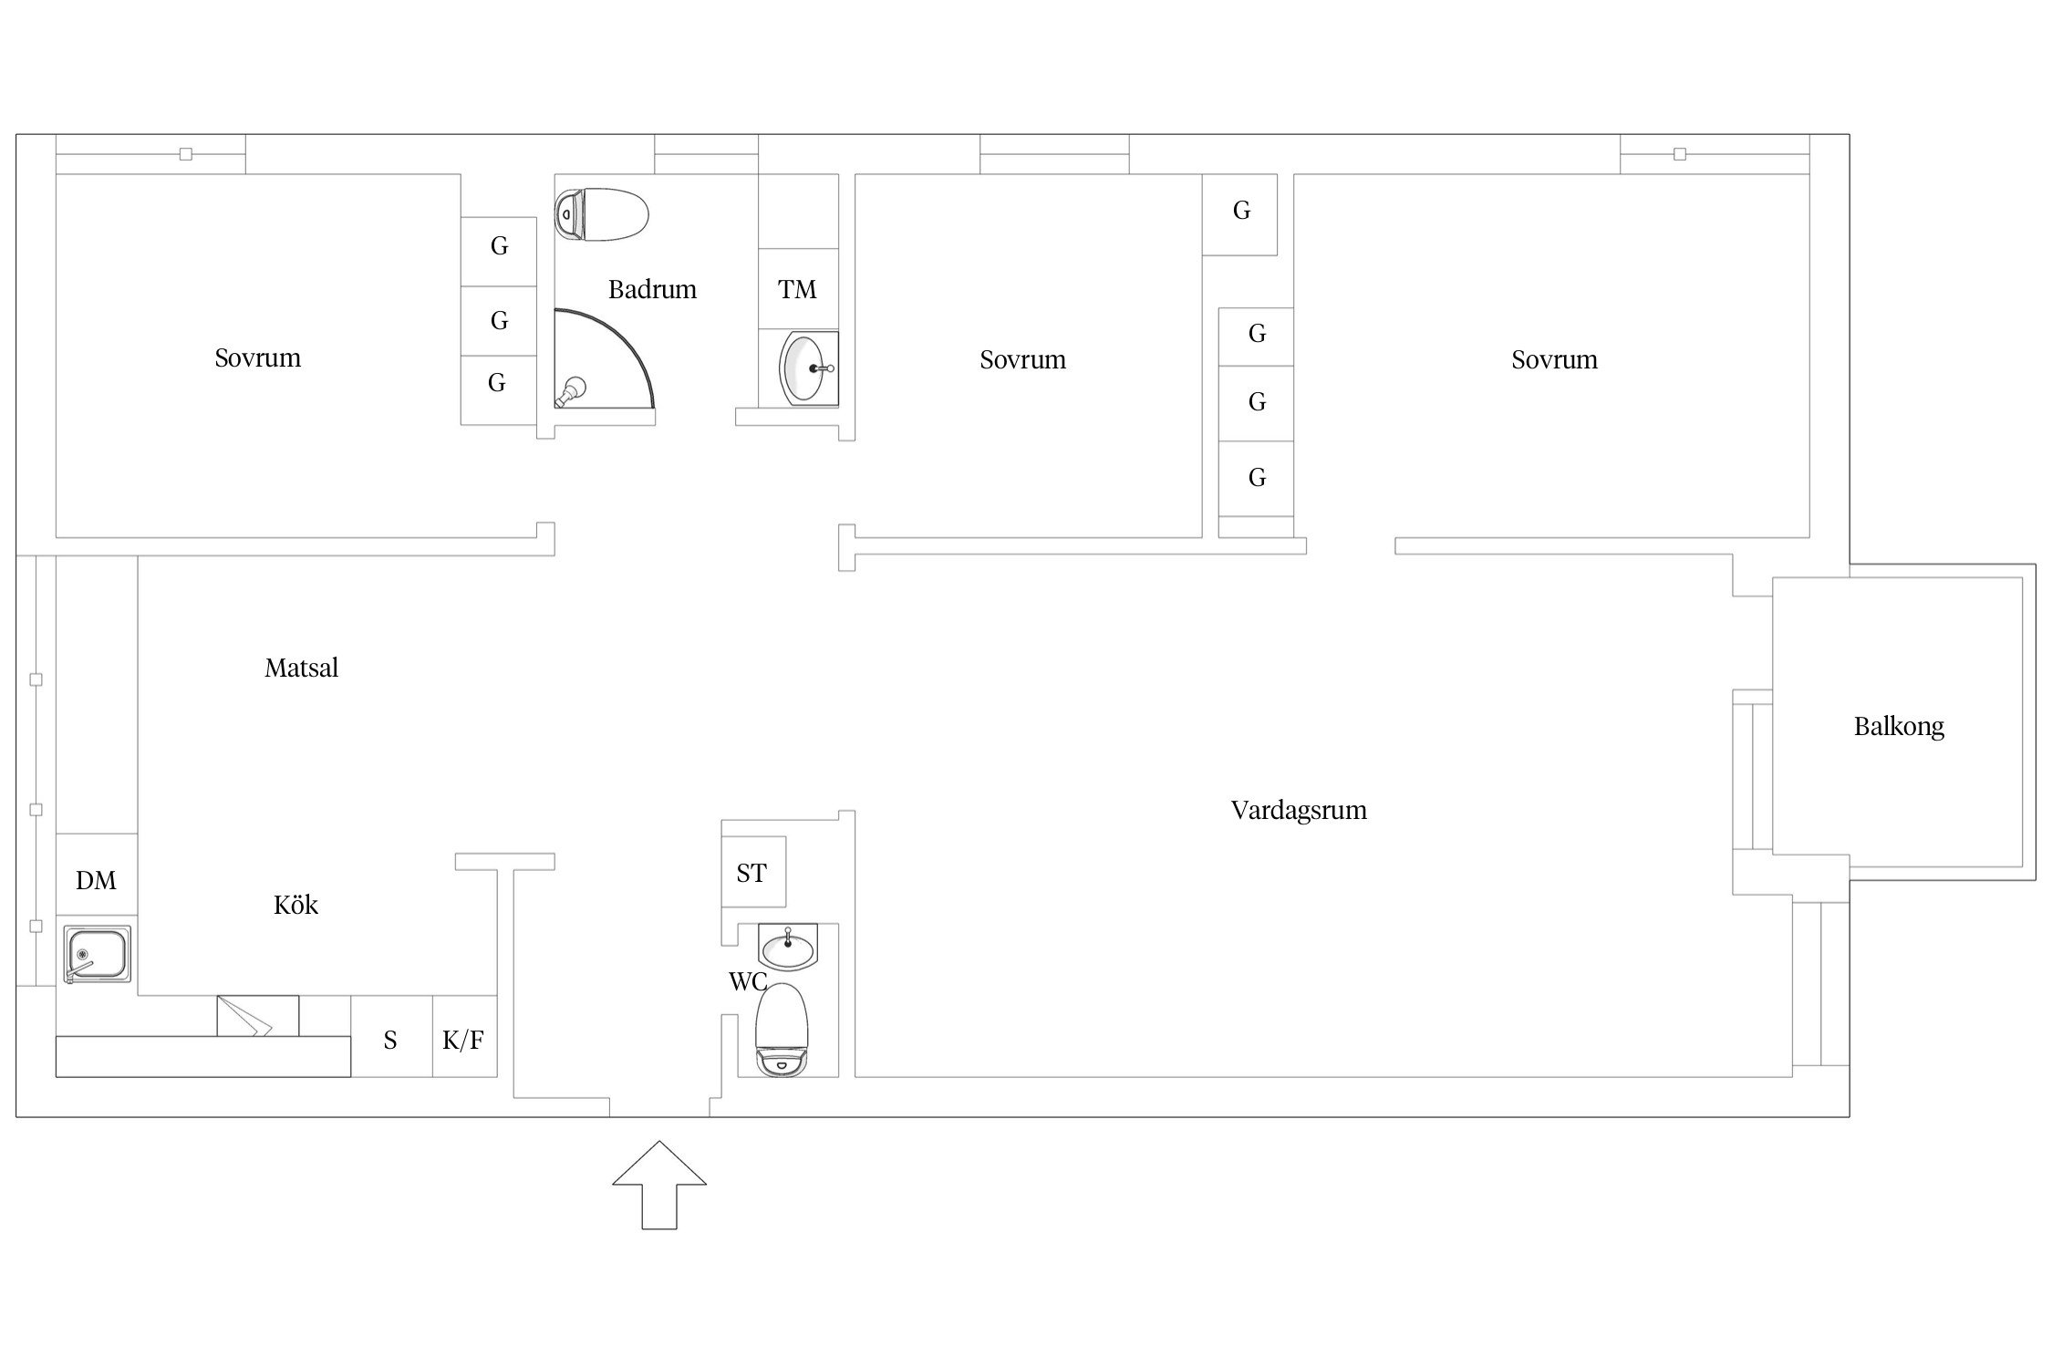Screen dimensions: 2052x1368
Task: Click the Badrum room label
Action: [x=652, y=290]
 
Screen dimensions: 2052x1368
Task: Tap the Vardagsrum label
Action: [x=1299, y=811]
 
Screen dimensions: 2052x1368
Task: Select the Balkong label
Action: [x=1899, y=727]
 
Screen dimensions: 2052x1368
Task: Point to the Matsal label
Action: [x=301, y=668]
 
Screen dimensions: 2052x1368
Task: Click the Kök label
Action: [x=295, y=905]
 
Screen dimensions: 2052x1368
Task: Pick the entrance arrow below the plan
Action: [x=659, y=1185]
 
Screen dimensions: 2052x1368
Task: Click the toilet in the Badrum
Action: [x=602, y=214]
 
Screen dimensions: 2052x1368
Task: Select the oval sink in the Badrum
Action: [x=808, y=368]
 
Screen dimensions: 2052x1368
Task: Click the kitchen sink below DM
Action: [x=97, y=954]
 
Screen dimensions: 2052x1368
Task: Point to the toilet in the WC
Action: [x=782, y=1030]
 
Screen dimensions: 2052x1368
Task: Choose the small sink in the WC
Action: [x=789, y=947]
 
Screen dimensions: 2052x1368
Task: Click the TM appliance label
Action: [x=797, y=290]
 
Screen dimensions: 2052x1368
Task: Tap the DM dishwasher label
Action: [x=96, y=881]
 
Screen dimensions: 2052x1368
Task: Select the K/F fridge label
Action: [x=463, y=1040]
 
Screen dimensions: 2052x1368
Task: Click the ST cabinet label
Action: [x=751, y=874]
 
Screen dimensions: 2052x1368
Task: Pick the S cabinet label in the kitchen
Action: [x=390, y=1041]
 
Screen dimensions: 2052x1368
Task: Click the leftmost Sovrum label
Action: [x=257, y=358]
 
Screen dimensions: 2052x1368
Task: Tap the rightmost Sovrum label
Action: [x=1554, y=360]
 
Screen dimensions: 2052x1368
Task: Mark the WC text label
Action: [x=748, y=982]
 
